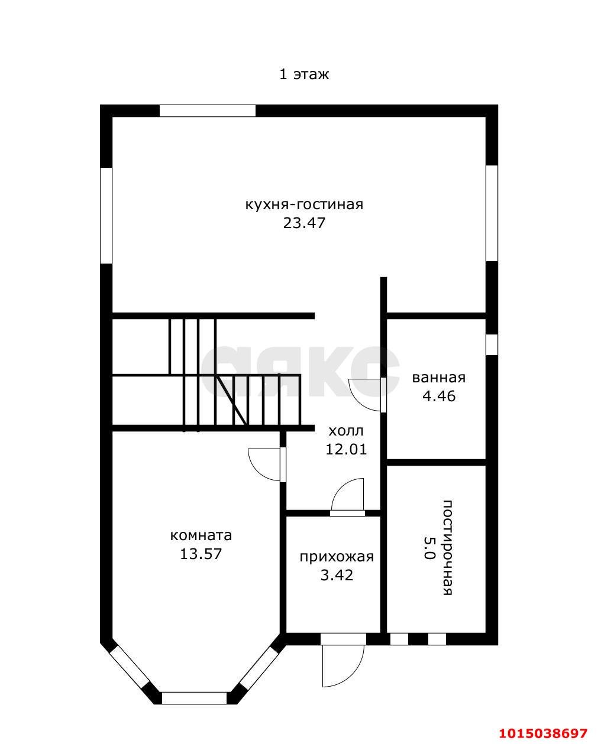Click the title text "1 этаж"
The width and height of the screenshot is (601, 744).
304,74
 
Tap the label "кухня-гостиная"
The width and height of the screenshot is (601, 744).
304,204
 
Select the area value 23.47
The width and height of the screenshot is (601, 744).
304,223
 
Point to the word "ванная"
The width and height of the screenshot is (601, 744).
439,378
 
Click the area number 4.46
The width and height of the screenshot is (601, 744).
439,396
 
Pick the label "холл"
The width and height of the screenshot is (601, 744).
346,431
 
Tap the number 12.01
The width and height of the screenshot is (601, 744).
346,450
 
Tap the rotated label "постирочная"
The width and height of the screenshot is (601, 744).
448,547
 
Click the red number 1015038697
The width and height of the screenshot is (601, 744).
543,730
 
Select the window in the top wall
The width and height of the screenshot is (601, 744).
208,111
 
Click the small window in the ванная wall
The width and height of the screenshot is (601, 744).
492,345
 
